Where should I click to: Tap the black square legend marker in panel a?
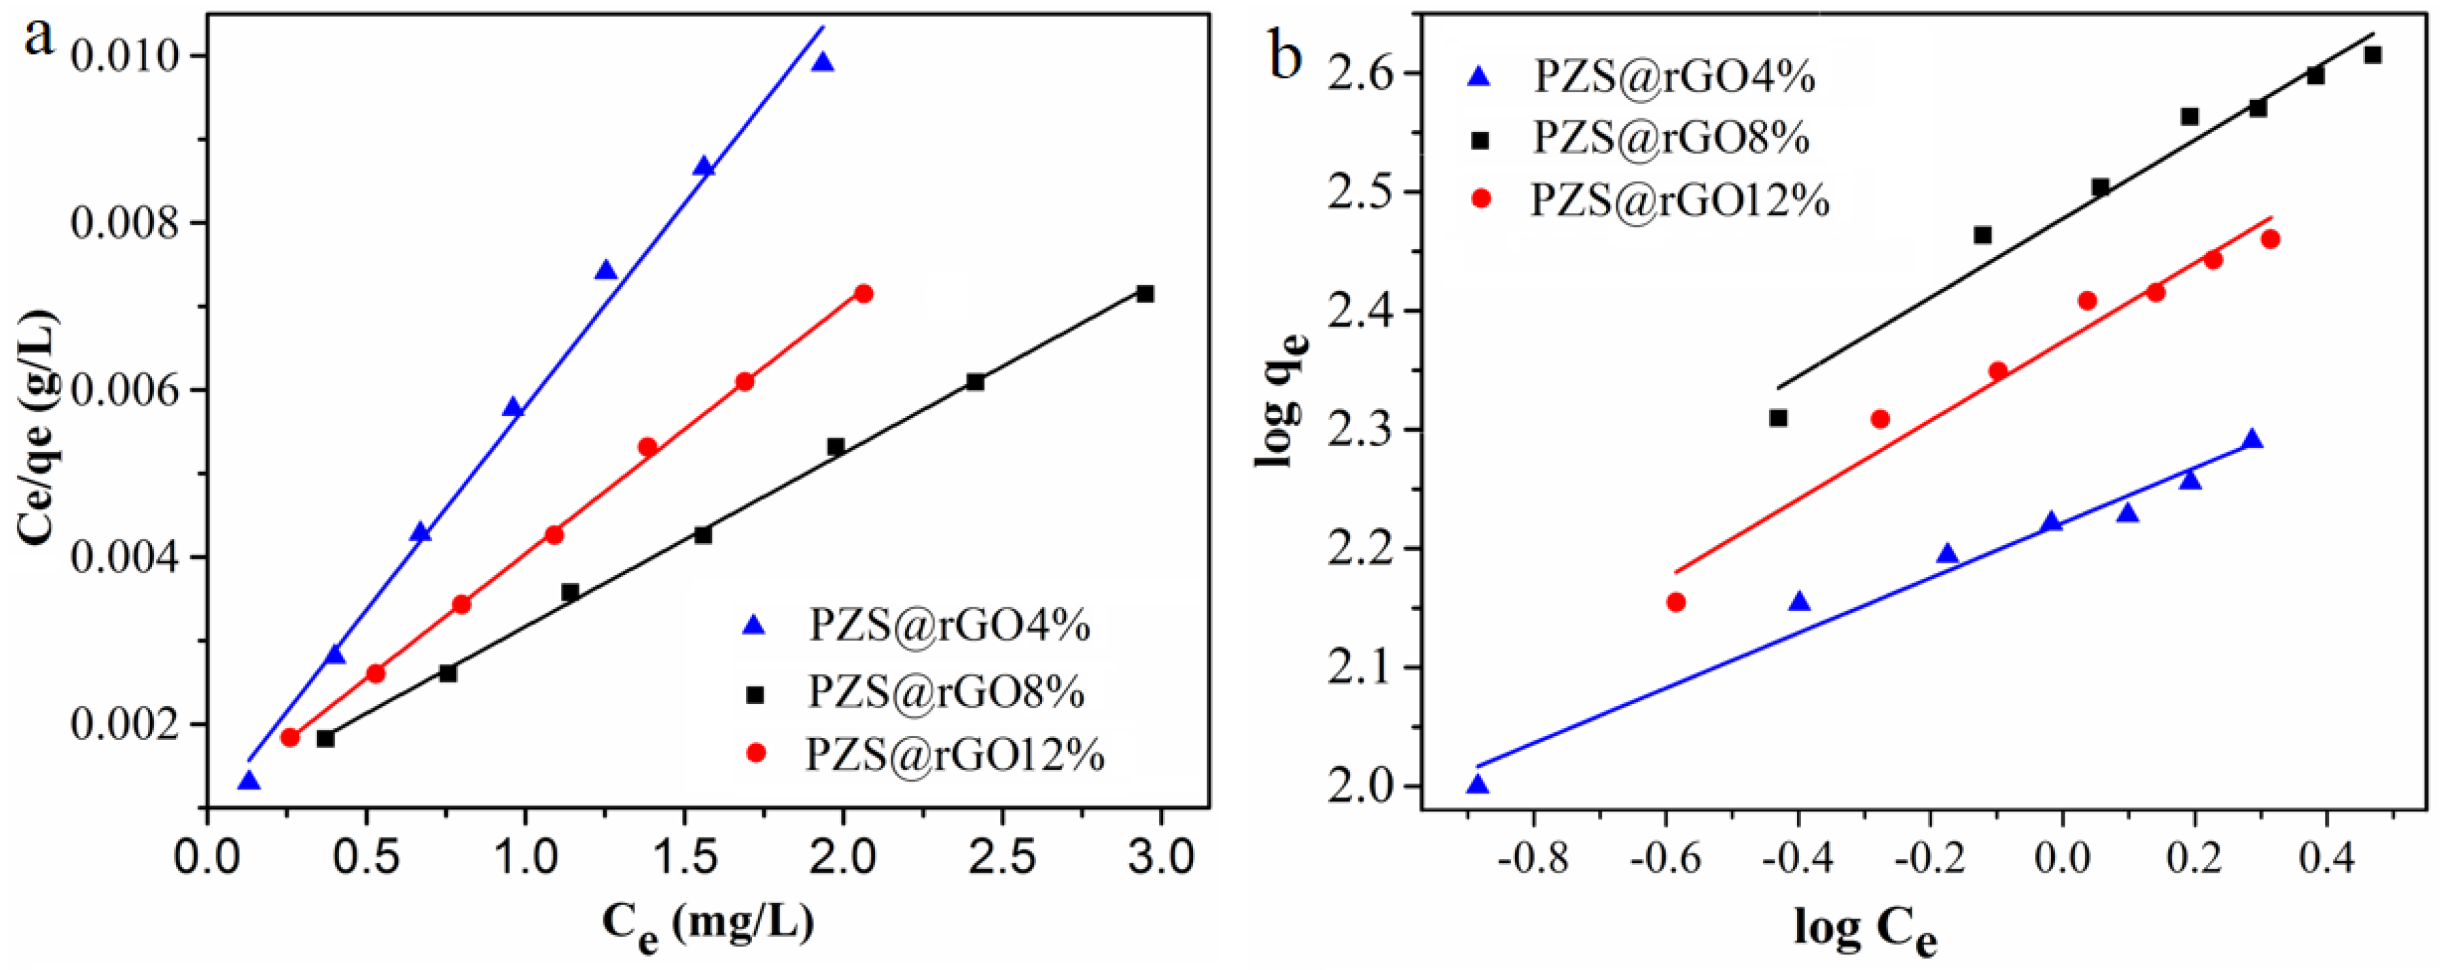(754, 694)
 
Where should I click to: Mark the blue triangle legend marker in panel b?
(1478, 76)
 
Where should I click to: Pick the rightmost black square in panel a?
(1144, 294)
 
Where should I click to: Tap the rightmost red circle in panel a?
(863, 294)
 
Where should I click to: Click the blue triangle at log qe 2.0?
(1478, 785)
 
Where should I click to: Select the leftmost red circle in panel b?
(1676, 601)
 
